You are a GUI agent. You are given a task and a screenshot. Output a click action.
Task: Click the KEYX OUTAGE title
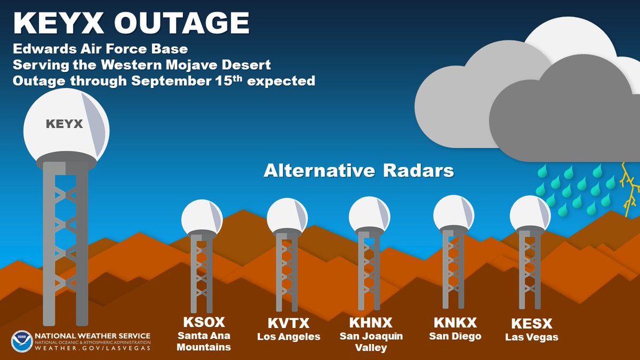pos(131,24)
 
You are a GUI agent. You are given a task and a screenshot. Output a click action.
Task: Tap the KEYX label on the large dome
pos(64,124)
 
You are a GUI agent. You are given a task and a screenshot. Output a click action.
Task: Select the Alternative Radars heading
pos(358,171)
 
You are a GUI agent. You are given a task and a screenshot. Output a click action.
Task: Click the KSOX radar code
pos(204,323)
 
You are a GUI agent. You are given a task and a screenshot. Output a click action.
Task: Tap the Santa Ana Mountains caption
pos(204,341)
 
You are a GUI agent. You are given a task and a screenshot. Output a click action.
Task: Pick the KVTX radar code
pos(289,323)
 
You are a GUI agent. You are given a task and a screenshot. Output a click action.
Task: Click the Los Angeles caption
pos(289,337)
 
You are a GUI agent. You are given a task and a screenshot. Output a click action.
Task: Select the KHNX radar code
pos(371,323)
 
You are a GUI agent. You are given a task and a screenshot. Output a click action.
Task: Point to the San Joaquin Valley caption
pos(371,341)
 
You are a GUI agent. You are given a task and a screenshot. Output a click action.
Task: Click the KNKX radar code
pos(455,323)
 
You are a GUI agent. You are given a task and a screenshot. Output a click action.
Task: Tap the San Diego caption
pos(455,336)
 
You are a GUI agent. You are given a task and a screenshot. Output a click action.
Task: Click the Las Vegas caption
pos(531,337)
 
